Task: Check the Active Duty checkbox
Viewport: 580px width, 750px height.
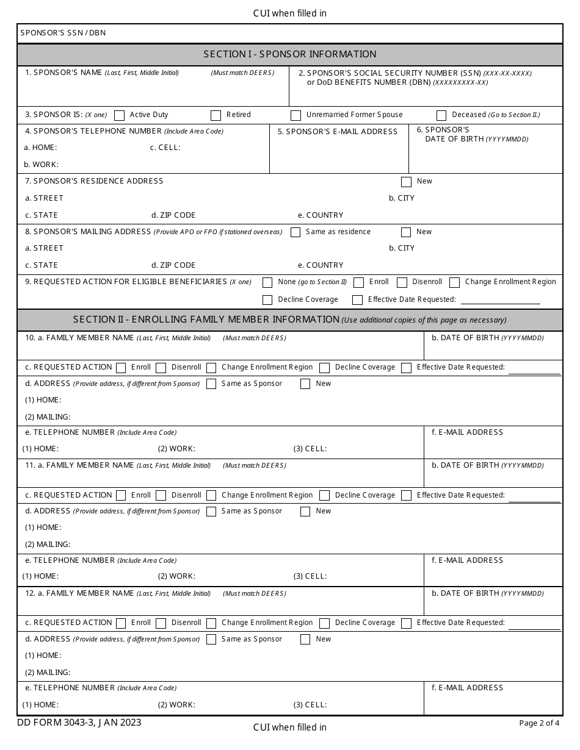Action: click(120, 115)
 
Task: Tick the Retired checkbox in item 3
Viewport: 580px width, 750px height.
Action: click(216, 115)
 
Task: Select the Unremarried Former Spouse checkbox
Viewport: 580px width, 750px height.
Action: click(296, 115)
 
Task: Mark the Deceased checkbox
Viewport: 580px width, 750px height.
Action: click(442, 115)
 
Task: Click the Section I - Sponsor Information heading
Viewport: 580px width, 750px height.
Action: click(290, 54)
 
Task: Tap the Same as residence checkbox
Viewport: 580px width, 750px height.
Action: click(295, 232)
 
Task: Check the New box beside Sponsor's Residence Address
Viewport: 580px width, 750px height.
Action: click(406, 182)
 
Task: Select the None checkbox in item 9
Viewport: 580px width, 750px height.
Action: click(267, 282)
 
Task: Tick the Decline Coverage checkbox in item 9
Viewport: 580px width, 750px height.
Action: click(267, 300)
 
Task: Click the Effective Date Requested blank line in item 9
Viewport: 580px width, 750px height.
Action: click(501, 300)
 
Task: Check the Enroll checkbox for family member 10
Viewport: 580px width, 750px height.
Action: click(121, 368)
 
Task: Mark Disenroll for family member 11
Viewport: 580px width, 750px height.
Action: click(161, 496)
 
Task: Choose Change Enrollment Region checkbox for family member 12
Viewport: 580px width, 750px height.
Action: click(211, 623)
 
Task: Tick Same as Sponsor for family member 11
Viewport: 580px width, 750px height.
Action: click(211, 512)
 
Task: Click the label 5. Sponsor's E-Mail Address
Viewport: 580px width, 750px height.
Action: click(337, 132)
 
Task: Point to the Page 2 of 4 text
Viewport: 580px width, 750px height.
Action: click(539, 723)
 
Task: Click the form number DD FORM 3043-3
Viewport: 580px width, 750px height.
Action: click(80, 723)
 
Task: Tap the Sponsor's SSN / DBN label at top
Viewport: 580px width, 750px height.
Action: click(63, 33)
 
